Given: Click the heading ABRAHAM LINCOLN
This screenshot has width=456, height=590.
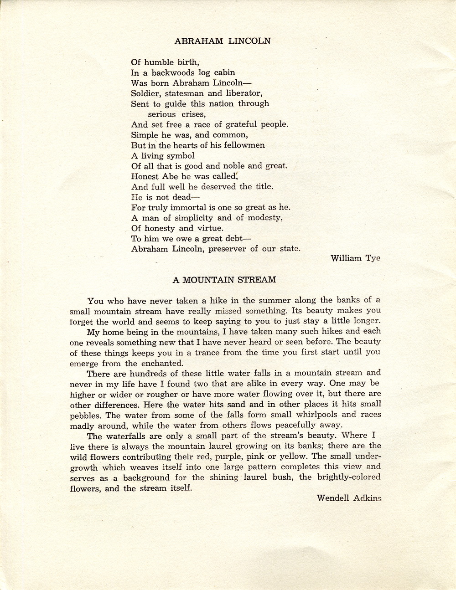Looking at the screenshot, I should point(223,41).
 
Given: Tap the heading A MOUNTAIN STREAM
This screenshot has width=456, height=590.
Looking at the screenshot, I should point(224,280).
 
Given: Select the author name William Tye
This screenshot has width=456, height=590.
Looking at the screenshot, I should point(355,258).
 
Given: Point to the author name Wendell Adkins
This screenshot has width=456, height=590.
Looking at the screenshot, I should point(349,498).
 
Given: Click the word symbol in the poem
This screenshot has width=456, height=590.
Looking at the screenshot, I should point(179,156).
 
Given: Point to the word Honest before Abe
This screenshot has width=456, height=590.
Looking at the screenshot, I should point(145,176).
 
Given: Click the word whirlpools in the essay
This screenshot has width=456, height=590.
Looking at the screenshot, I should point(316,415).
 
